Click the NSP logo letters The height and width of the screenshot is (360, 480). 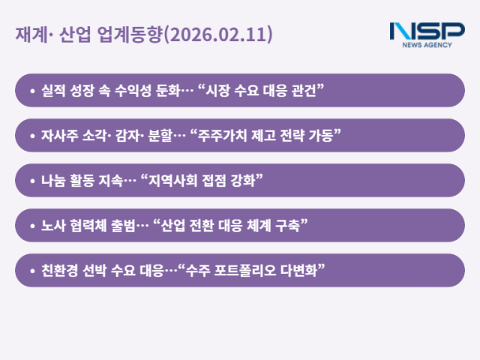point(427,31)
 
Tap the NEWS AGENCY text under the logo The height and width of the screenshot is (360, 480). point(427,45)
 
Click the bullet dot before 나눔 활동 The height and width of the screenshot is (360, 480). point(32,181)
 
